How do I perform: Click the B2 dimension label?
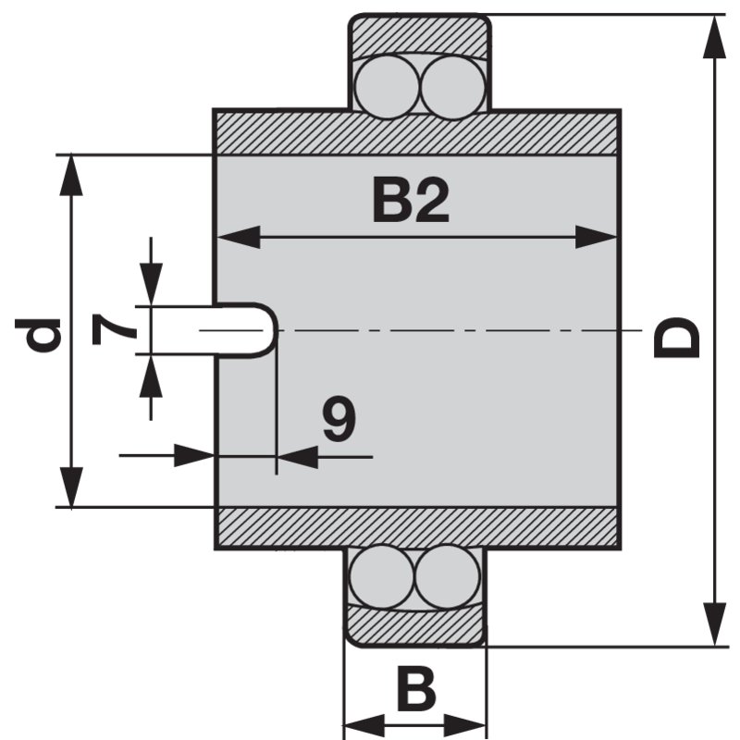click(411, 201)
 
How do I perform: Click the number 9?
click(339, 421)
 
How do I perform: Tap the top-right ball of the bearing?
click(450, 85)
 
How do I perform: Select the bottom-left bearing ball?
click(380, 575)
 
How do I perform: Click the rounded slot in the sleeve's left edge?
click(245, 329)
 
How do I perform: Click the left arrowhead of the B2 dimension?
click(231, 237)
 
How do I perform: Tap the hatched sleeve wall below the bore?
click(416, 528)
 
